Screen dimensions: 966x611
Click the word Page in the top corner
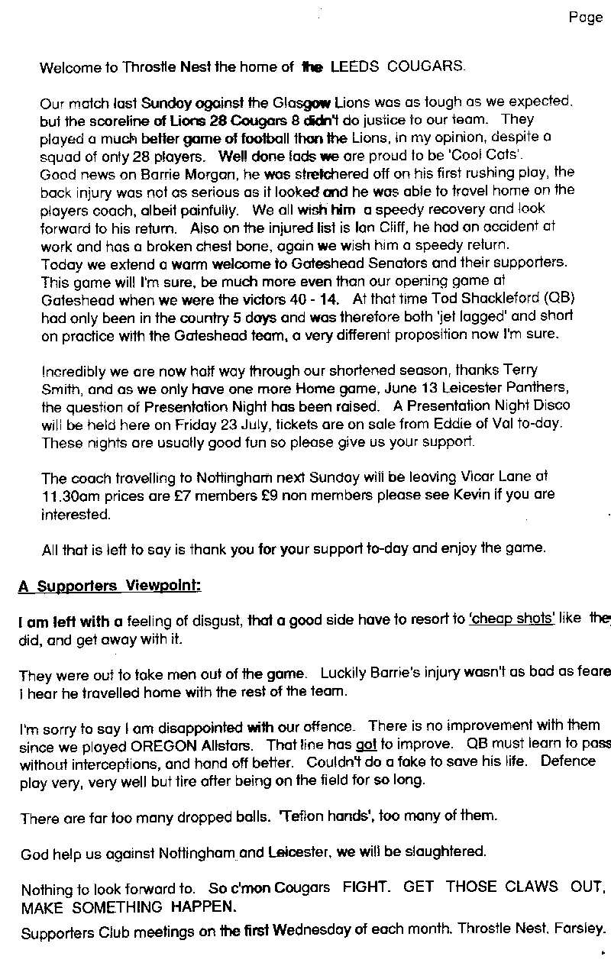pos(585,18)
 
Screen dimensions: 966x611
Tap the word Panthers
pos(533,389)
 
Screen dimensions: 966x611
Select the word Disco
pos(550,406)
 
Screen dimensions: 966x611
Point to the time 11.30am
pos(69,495)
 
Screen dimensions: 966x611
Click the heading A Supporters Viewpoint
pos(109,586)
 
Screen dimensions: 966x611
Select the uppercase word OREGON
pos(209,744)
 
